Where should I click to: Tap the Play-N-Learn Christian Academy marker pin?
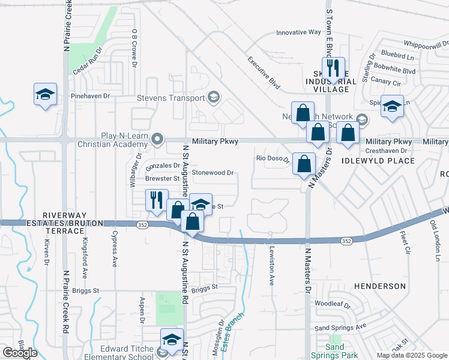[158, 139]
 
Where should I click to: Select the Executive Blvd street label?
[264, 73]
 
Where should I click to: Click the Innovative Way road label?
[298, 32]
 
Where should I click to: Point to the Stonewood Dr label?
[212, 173]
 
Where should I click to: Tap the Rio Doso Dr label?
[269, 158]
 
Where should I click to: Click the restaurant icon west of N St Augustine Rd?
[157, 200]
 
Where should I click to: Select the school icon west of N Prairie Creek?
[45, 95]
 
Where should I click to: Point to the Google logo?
[20, 353]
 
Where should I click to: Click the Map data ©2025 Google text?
[412, 355]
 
